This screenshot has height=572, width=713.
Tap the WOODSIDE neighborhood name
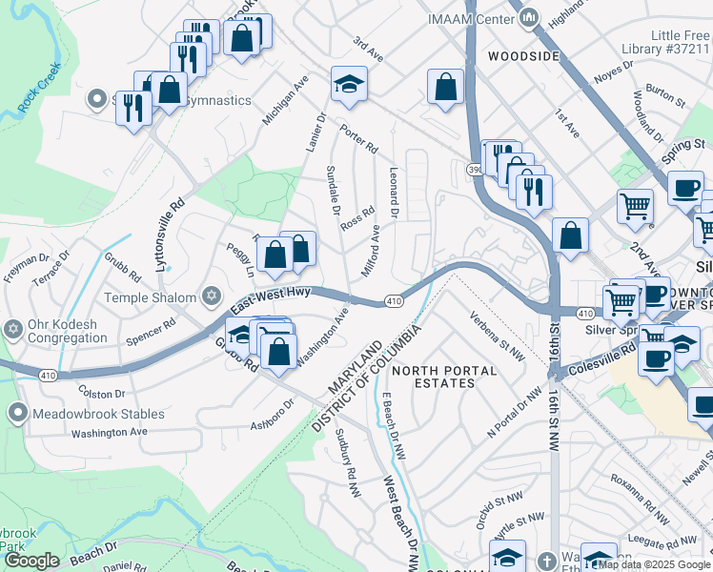click(x=522, y=56)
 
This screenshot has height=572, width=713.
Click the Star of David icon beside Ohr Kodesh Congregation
click(x=13, y=330)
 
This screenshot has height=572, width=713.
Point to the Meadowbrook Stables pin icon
click(x=17, y=413)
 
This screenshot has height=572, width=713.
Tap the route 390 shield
click(x=475, y=169)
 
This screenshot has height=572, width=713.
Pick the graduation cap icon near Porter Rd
click(x=349, y=85)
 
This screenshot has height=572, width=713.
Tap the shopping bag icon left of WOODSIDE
click(x=445, y=87)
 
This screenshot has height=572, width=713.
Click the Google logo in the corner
click(x=31, y=561)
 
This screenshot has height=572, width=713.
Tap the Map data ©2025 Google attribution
click(x=654, y=564)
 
